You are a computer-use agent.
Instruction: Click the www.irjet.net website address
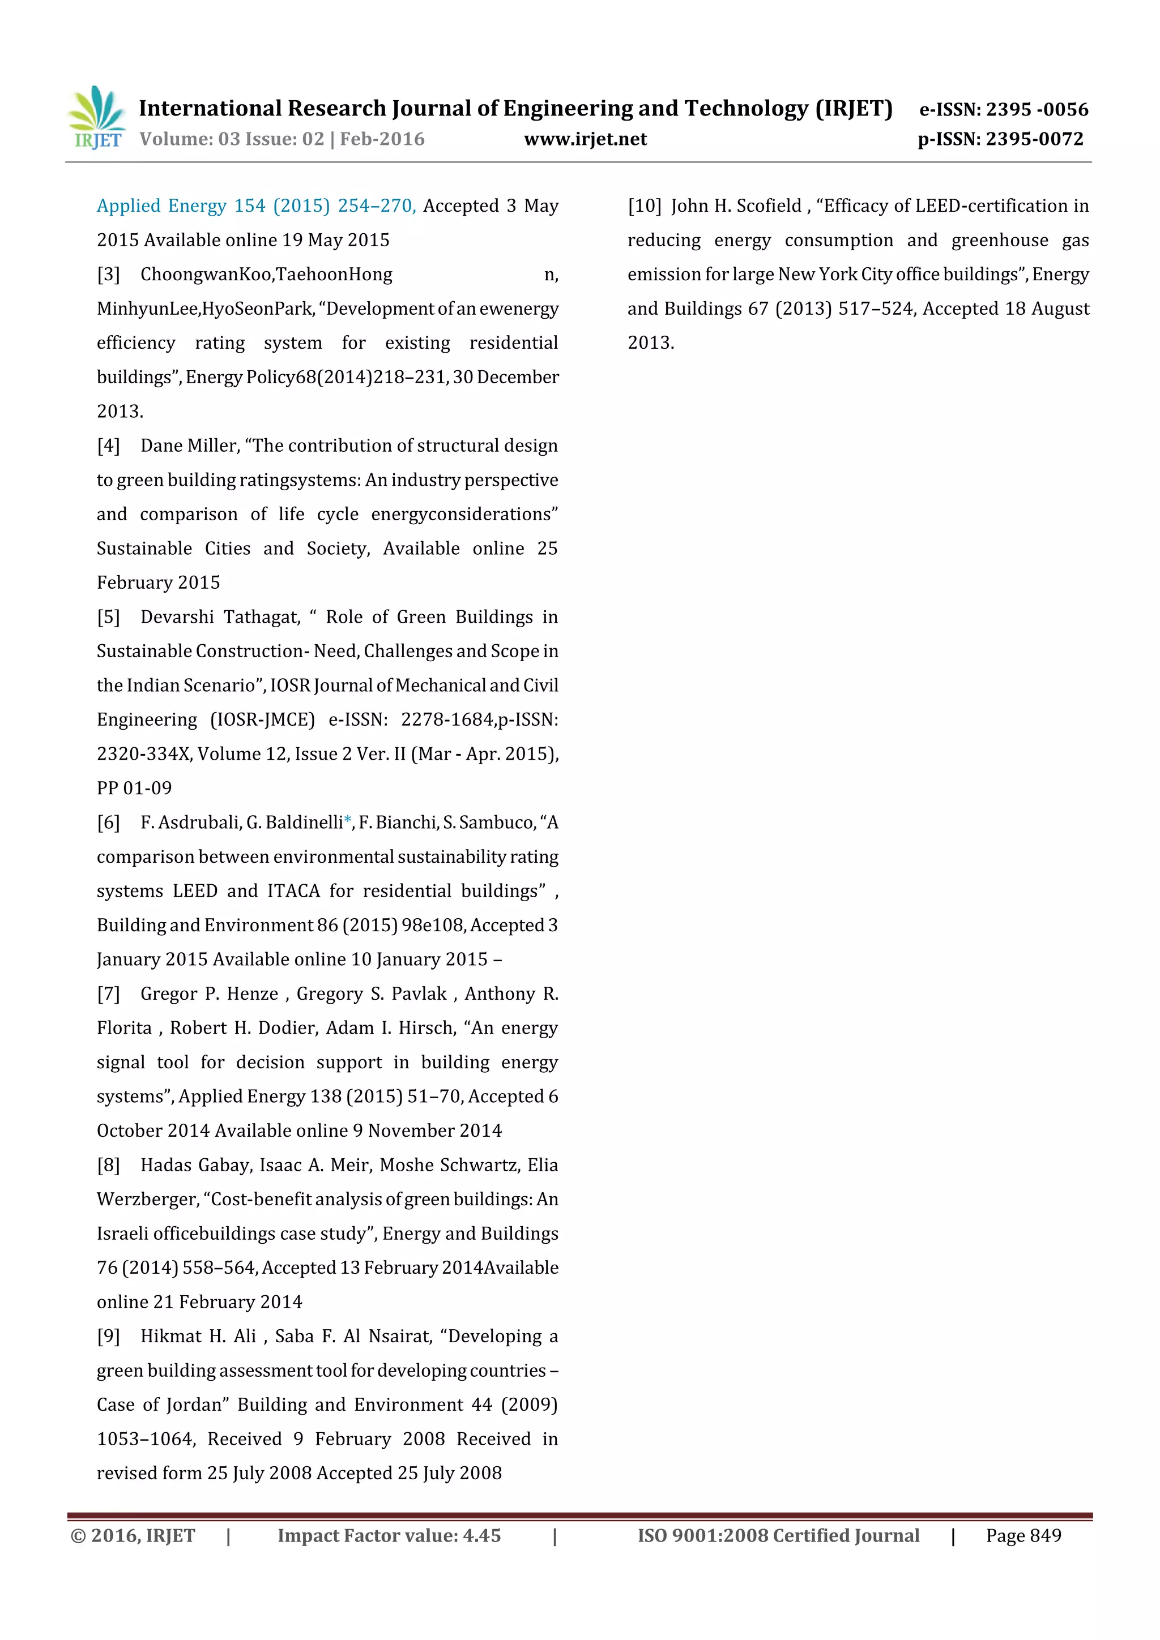coord(585,139)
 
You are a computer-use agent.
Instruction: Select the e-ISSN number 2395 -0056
coord(1037,109)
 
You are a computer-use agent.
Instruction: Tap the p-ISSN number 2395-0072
coord(1034,139)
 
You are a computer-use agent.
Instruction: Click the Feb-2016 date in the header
coord(382,139)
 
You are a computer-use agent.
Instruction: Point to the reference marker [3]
coord(109,275)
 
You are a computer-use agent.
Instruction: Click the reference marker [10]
coord(644,205)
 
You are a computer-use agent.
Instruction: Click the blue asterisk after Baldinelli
coord(348,821)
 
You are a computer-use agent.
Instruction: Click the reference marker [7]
coord(109,994)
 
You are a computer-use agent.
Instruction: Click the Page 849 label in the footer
coord(1023,1535)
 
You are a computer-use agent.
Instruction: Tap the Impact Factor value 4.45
coord(481,1535)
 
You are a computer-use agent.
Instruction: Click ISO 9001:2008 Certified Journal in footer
coord(778,1535)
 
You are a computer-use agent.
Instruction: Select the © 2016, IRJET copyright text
coord(133,1535)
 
